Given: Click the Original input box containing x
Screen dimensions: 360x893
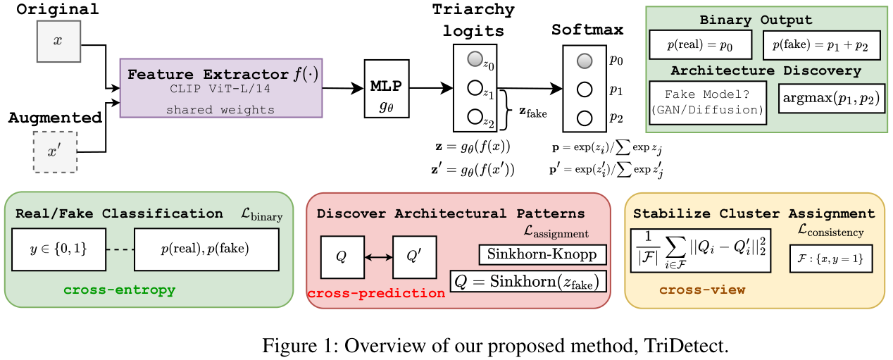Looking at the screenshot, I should [58, 41].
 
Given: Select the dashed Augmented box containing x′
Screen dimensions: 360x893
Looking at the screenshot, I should [56, 151].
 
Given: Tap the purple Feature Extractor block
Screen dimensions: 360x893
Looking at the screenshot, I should [221, 87].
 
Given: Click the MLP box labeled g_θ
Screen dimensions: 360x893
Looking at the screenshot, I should [386, 89].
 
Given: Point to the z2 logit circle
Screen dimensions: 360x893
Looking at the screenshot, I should [474, 116].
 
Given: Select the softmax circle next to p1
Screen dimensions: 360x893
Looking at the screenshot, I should [583, 89].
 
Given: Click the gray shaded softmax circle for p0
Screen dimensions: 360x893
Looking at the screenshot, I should [583, 62].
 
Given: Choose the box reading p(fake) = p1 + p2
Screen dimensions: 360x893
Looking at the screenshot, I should [820, 44].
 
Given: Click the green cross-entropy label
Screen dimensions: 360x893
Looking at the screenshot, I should [119, 290].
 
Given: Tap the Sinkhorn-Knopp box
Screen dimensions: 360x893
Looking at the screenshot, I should [542, 254].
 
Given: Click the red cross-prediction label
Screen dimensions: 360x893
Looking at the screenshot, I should [375, 293].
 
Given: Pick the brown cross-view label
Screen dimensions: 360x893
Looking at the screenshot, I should [701, 290].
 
